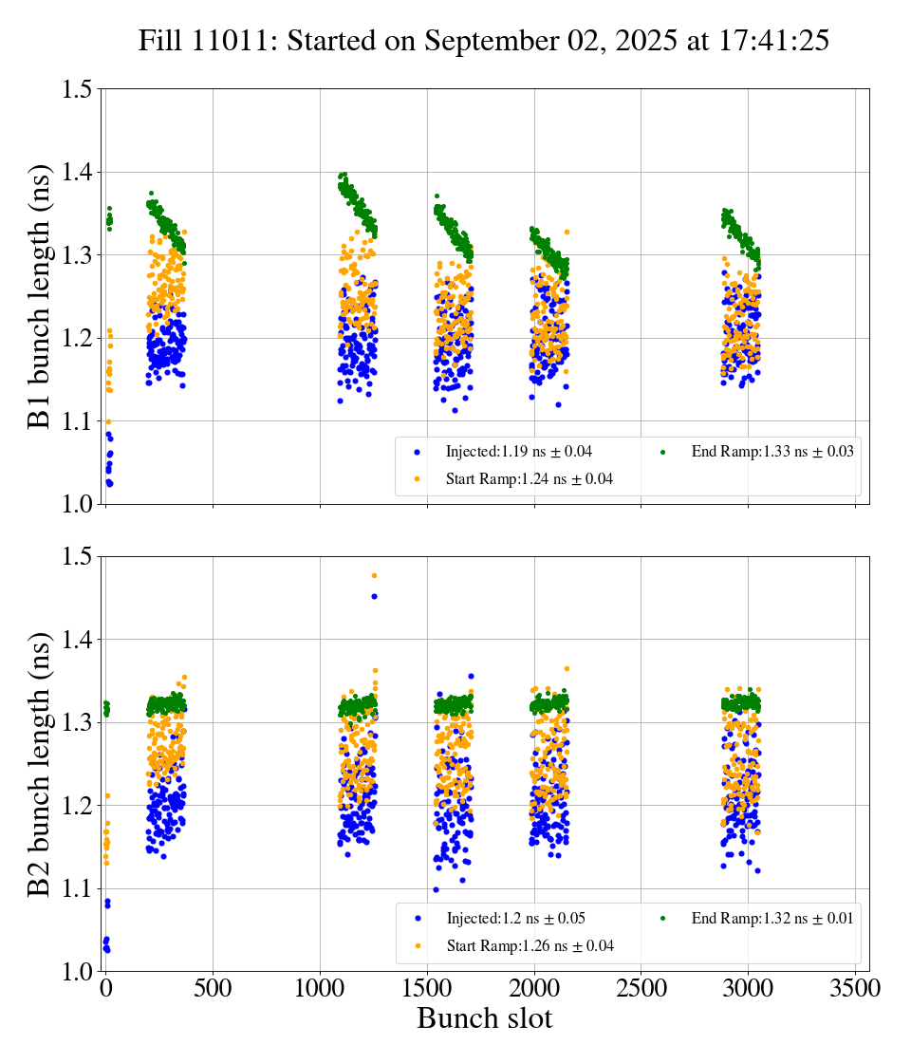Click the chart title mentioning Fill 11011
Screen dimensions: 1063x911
click(x=484, y=41)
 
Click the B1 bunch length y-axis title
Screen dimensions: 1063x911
click(x=39, y=296)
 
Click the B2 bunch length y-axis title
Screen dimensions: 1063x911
click(x=39, y=763)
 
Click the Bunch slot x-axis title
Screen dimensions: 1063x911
click(x=484, y=1019)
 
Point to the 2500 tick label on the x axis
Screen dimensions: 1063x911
click(x=641, y=989)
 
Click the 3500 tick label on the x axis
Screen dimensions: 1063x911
click(x=855, y=989)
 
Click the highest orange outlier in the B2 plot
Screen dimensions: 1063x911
click(x=374, y=575)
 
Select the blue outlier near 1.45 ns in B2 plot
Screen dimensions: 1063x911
click(x=374, y=596)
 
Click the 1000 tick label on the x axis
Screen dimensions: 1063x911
click(x=320, y=989)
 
